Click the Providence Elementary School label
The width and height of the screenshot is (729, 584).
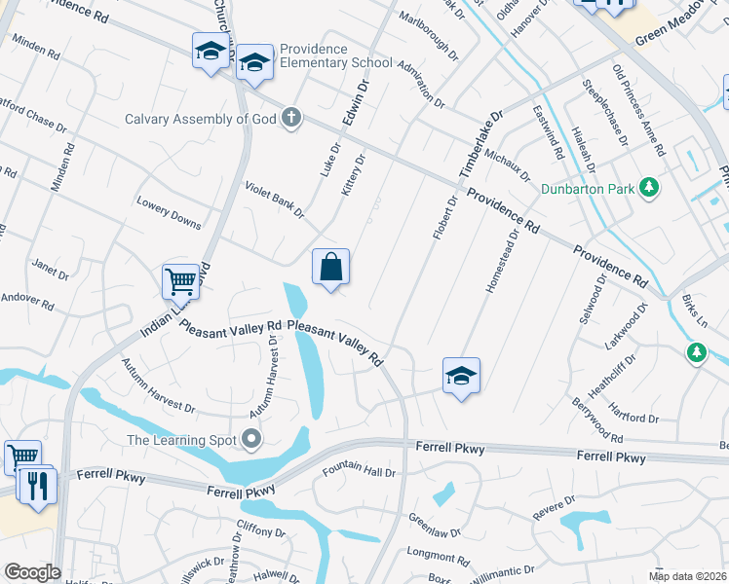coord(335,55)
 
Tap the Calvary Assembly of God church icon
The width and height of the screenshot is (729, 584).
coord(290,120)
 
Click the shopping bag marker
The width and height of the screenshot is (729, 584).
coord(330,266)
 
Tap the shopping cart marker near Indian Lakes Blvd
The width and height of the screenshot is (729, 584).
coord(180,281)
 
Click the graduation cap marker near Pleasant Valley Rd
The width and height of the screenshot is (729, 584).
coord(461,375)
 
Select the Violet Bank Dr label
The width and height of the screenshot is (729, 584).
coord(275,199)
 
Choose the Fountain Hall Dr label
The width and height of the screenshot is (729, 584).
coord(359,472)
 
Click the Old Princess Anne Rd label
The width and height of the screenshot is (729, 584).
coord(638,110)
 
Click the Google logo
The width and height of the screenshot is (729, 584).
coord(32,572)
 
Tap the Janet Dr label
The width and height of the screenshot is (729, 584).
coord(51,270)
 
